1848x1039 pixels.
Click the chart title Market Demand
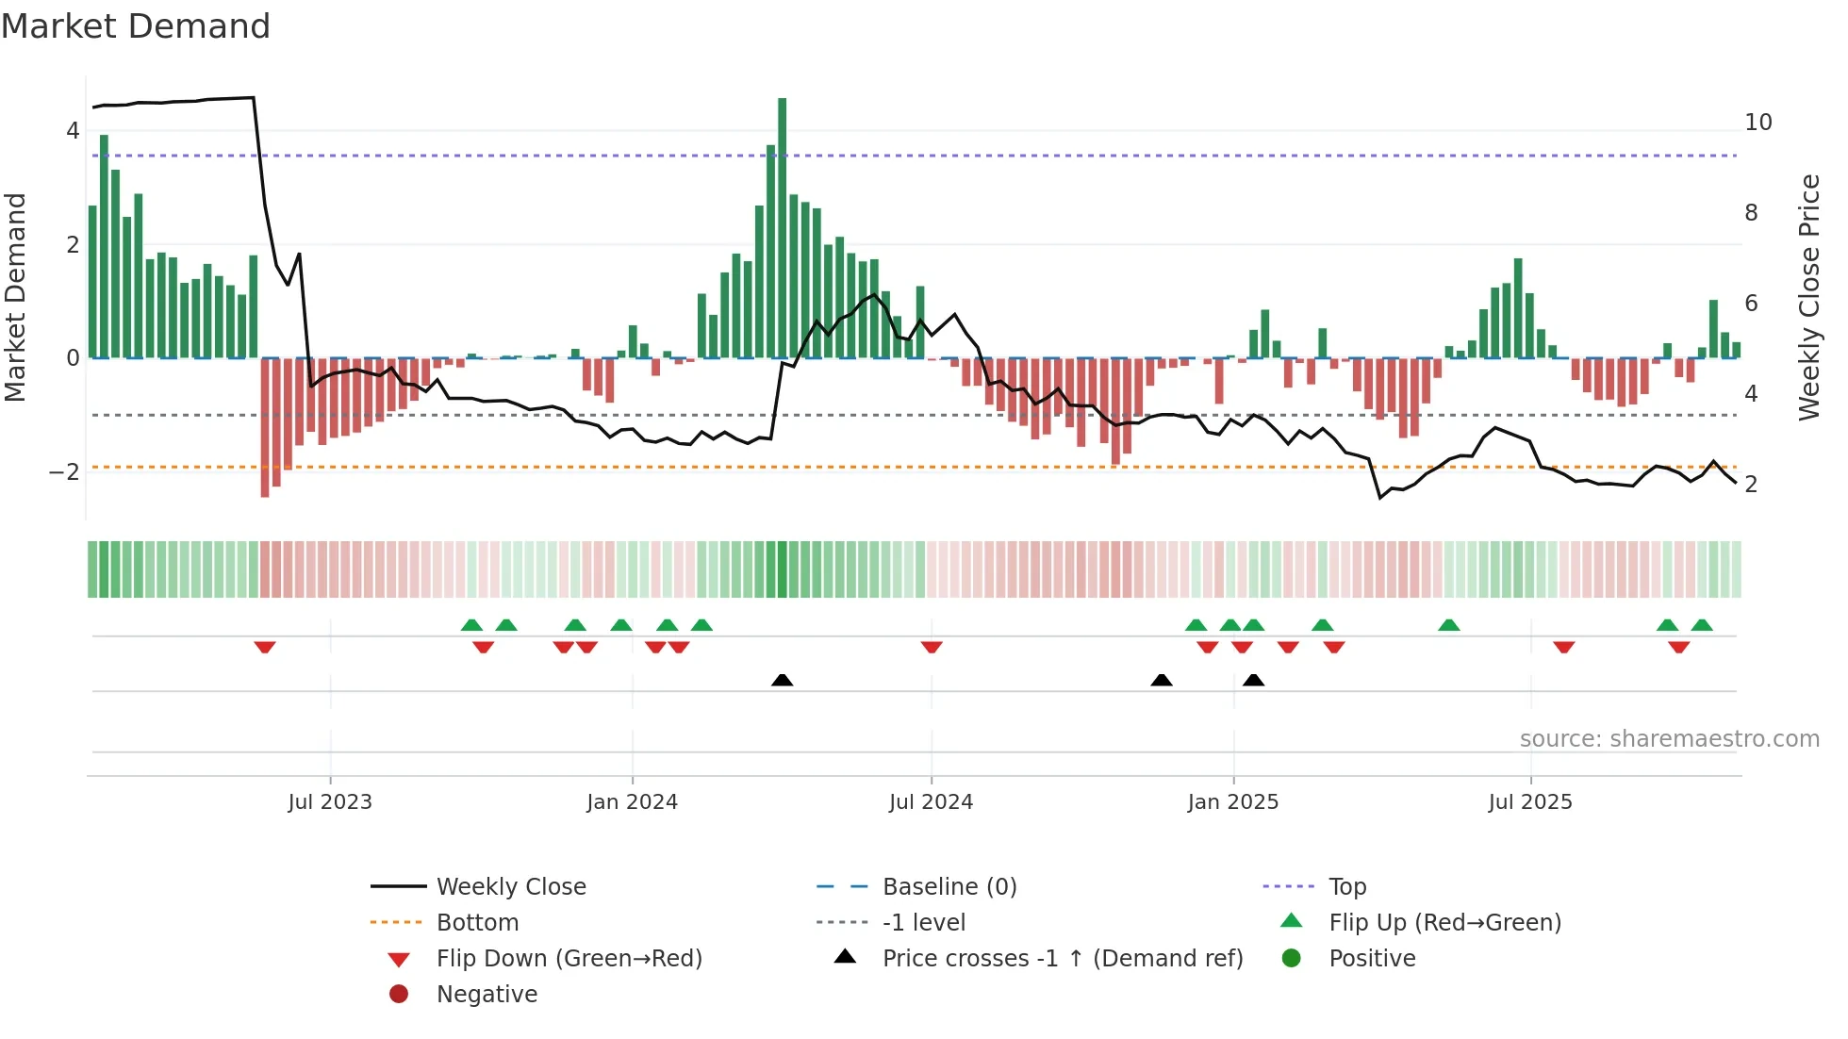click(x=136, y=26)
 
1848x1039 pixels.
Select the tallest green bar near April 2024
click(x=782, y=226)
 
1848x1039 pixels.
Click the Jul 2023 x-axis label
click(x=330, y=801)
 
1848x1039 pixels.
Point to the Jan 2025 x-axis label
click(x=1232, y=801)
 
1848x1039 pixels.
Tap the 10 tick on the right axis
click(x=1757, y=123)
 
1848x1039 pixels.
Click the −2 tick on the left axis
click(x=65, y=471)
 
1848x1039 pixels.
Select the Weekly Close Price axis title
click(x=1808, y=297)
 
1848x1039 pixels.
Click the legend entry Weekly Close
click(x=510, y=886)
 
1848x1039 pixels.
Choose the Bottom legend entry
click(x=477, y=922)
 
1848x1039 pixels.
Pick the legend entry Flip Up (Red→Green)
click(x=1444, y=922)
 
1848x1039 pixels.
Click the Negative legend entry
click(x=487, y=994)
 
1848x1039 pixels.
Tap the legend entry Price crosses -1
click(x=1062, y=958)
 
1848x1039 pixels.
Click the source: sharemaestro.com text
click(x=1669, y=738)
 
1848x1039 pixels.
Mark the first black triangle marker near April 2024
click(x=782, y=680)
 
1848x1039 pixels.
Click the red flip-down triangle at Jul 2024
click(x=932, y=647)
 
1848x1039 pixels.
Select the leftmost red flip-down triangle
click(x=265, y=647)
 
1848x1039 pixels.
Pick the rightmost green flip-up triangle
click(x=1702, y=625)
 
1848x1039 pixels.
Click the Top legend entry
click(x=1347, y=886)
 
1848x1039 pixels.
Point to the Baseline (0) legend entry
click(x=949, y=886)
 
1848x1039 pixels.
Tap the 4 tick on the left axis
click(x=73, y=131)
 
